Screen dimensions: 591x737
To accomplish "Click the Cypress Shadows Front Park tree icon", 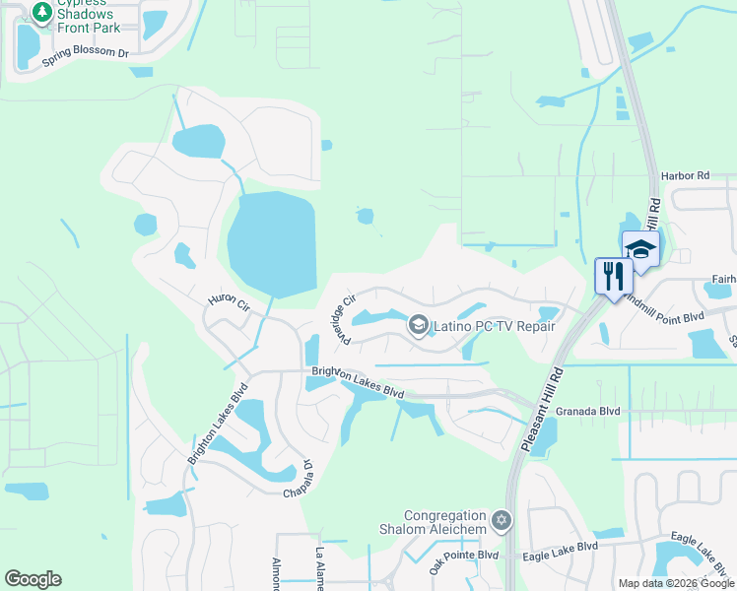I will (41, 13).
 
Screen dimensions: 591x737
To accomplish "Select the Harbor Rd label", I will (686, 175).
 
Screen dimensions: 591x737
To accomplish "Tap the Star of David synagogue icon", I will (502, 519).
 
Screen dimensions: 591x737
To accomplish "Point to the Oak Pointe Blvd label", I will (463, 562).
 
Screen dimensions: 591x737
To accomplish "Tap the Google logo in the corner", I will (33, 579).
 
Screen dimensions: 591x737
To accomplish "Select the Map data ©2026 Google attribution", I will (676, 583).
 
